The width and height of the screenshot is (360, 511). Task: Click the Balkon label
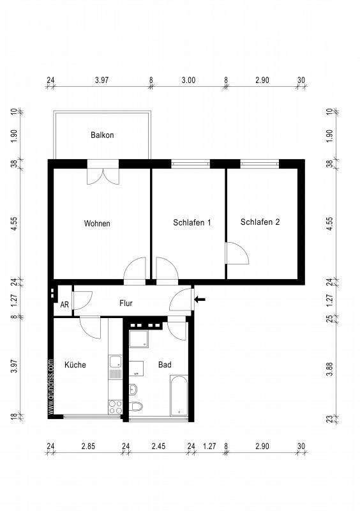pyautogui.click(x=102, y=135)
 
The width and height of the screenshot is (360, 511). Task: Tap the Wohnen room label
pyautogui.click(x=97, y=224)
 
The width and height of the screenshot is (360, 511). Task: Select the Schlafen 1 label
pyautogui.click(x=192, y=222)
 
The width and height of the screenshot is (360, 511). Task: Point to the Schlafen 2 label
pyautogui.click(x=260, y=222)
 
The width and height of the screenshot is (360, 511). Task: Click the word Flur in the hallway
pyautogui.click(x=126, y=303)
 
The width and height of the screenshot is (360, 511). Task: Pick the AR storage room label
pyautogui.click(x=64, y=305)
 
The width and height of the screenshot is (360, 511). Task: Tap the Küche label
pyautogui.click(x=75, y=365)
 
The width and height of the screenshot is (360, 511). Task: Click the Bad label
pyautogui.click(x=165, y=365)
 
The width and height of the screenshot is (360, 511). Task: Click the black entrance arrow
pyautogui.click(x=200, y=299)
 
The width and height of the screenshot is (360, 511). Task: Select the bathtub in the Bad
pyautogui.click(x=179, y=395)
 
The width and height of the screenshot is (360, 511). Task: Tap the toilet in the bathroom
pyautogui.click(x=136, y=406)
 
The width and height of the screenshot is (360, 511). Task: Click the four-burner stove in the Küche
pyautogui.click(x=116, y=407)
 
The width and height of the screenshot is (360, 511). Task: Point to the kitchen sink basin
pyautogui.click(x=115, y=362)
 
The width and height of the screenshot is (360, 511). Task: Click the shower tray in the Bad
pyautogui.click(x=139, y=339)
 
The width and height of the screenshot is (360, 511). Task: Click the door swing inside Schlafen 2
pyautogui.click(x=237, y=253)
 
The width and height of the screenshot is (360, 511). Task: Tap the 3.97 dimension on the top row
pyautogui.click(x=101, y=80)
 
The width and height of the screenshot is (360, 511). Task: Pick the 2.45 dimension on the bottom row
pyautogui.click(x=158, y=446)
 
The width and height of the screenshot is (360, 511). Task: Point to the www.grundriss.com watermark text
pyautogui.click(x=50, y=387)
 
